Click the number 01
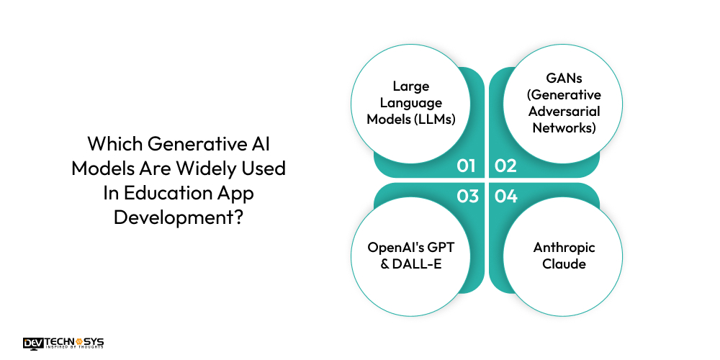467,166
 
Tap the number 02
506,166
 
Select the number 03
467,195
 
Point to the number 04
506,195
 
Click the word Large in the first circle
411,86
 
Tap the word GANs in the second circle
564,78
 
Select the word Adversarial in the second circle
564,112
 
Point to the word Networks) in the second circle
564,128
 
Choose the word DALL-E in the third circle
418,264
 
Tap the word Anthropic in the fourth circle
564,248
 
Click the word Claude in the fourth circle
564,264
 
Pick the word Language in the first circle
411,103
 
